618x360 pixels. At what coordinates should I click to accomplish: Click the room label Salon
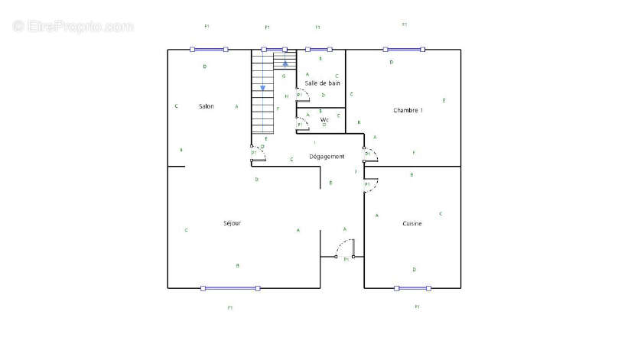(x=206, y=106)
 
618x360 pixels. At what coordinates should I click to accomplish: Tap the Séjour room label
(x=232, y=223)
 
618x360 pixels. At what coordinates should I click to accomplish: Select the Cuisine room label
(x=412, y=223)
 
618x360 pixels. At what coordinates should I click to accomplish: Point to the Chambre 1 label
(x=408, y=111)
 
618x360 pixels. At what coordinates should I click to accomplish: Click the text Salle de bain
(x=322, y=83)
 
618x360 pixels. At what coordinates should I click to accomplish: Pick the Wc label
(x=324, y=119)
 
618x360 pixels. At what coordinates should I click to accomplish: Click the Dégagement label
(x=327, y=157)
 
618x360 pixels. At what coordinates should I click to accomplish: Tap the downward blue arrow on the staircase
(x=262, y=88)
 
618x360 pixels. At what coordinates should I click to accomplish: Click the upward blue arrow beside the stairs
(x=285, y=63)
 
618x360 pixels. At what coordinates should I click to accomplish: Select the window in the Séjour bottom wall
(x=230, y=288)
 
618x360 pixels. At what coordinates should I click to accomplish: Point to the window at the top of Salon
(x=209, y=50)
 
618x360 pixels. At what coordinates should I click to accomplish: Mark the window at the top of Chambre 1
(x=404, y=50)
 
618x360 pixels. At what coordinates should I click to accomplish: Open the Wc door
(x=303, y=122)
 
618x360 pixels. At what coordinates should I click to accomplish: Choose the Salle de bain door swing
(x=303, y=93)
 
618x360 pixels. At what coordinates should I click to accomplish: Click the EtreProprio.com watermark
(x=73, y=26)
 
